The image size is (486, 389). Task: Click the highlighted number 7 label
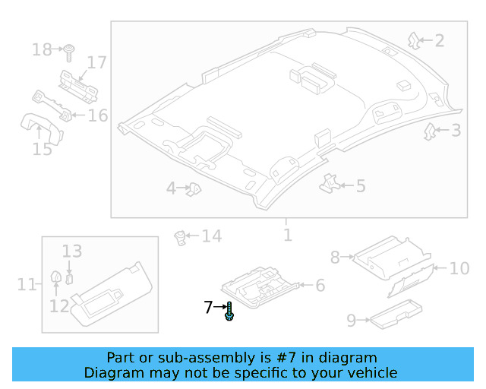click(208, 308)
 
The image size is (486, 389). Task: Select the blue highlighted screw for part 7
click(229, 311)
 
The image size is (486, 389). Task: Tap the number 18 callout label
click(41, 50)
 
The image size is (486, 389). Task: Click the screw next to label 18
click(69, 51)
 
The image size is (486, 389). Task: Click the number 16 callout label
click(99, 115)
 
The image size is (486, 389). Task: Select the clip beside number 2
click(414, 40)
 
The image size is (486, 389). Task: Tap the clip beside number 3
click(430, 131)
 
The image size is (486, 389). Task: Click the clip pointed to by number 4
click(194, 188)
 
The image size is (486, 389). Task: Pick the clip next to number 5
click(330, 182)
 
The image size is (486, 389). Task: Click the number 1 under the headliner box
click(287, 235)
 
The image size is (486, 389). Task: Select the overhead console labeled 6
click(260, 284)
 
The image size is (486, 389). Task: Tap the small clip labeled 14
click(181, 238)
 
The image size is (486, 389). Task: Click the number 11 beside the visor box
click(27, 285)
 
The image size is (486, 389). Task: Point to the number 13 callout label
click(71, 251)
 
